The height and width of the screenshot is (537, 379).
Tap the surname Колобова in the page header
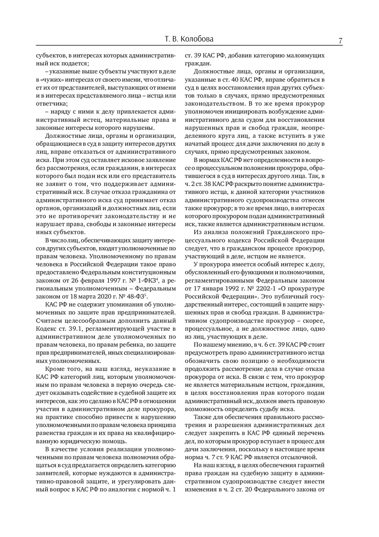pyautogui.click(x=198, y=39)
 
